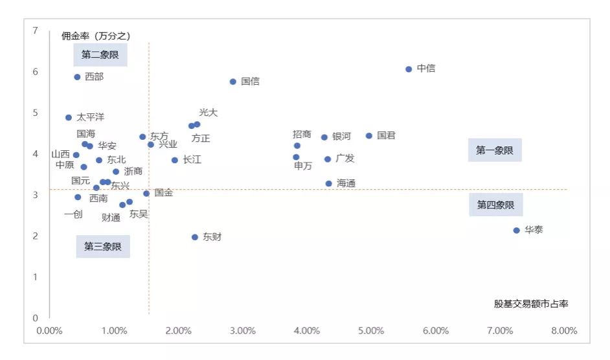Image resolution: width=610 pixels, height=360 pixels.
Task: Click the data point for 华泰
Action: (517, 231)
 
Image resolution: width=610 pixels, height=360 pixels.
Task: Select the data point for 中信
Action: (409, 69)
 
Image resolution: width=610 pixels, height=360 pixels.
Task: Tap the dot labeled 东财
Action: (195, 237)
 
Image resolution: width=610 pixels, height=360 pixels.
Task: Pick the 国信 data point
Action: (233, 82)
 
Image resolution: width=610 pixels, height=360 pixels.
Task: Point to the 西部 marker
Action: (77, 77)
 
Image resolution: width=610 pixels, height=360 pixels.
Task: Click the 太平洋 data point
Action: (69, 118)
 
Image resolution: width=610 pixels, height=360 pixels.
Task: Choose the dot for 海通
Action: (329, 184)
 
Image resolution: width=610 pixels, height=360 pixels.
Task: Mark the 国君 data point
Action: (369, 136)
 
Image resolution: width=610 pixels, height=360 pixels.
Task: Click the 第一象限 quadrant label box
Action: (495, 150)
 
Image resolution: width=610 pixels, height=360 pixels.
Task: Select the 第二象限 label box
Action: (100, 55)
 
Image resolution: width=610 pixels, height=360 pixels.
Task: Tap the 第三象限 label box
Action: (103, 247)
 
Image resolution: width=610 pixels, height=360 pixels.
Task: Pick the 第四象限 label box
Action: (495, 205)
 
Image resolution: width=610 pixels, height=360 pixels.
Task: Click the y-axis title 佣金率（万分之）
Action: (96, 36)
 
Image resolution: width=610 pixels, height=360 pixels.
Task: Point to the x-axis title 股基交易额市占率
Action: (531, 304)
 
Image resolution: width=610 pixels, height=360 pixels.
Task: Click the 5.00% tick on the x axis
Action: (371, 331)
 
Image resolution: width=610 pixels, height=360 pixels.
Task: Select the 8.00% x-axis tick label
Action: (564, 331)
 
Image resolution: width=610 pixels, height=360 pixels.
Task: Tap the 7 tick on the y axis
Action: (35, 30)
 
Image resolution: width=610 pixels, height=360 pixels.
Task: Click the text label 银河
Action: (341, 137)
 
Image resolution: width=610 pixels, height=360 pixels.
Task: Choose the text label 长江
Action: (192, 159)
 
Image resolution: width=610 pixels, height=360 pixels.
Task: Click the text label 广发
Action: (345, 159)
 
